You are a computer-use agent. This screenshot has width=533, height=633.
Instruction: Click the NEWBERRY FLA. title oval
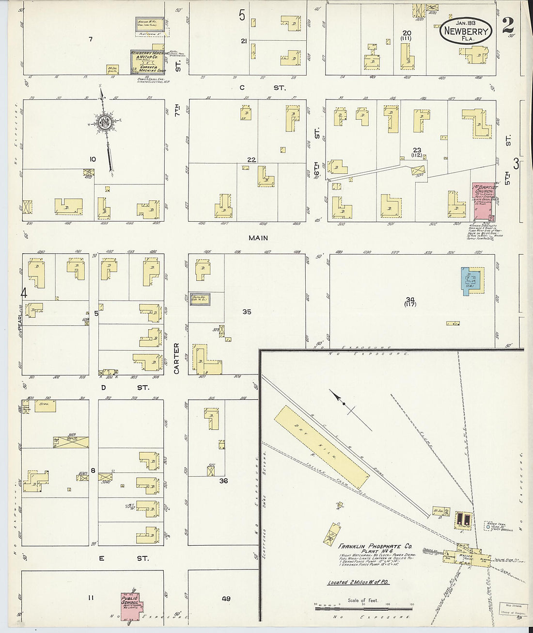(466, 30)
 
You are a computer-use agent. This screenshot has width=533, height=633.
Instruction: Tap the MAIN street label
(258, 238)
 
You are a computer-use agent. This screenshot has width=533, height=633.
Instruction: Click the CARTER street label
(176, 358)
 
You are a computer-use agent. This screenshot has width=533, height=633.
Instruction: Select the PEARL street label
(21, 320)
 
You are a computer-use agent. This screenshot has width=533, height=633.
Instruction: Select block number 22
(251, 160)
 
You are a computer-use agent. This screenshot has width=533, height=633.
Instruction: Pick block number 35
(247, 312)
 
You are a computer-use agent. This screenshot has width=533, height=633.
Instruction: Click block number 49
(226, 599)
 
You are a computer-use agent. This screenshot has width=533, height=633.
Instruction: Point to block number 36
(223, 481)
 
